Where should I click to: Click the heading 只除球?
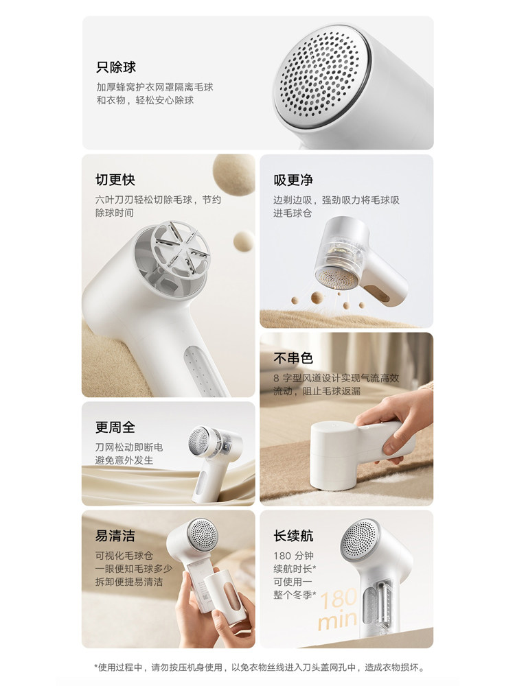click(x=116, y=67)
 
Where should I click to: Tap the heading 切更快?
click(x=115, y=180)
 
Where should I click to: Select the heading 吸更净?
click(x=293, y=180)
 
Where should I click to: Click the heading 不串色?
click(x=293, y=358)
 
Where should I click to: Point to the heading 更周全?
click(x=115, y=427)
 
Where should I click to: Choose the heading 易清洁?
click(x=115, y=536)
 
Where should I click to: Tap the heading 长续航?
click(x=293, y=536)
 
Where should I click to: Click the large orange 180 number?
click(x=338, y=598)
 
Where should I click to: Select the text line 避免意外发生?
click(x=124, y=460)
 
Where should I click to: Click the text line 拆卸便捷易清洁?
click(x=129, y=582)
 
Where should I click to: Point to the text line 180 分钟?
click(x=294, y=554)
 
